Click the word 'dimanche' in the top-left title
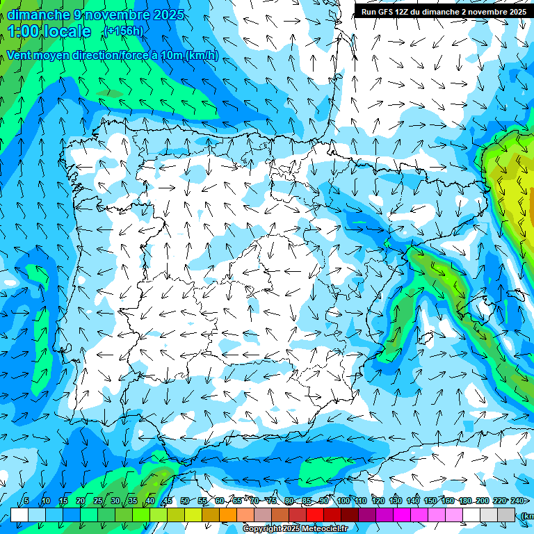click(38, 15)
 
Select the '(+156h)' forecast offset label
click(123, 31)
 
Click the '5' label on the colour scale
click(26, 501)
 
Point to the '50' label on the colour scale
click(185, 501)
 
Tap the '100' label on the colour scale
click(343, 501)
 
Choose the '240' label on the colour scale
click(517, 501)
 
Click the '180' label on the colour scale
click(465, 501)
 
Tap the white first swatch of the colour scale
click(19, 515)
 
